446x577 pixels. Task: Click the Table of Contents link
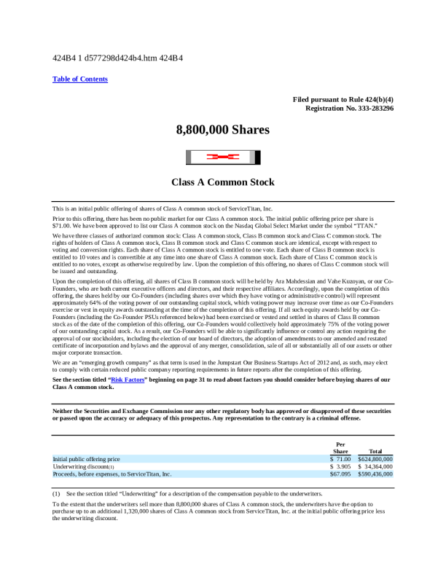pos(80,79)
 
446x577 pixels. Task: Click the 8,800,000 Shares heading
pos(223,130)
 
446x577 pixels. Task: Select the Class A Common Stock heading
pos(223,182)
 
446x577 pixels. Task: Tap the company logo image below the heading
pos(223,157)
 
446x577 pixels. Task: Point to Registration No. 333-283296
pos(350,108)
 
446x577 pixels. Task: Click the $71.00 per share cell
pos(340,459)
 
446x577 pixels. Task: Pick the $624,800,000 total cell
pos(375,459)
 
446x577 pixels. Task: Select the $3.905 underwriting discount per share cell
pos(340,466)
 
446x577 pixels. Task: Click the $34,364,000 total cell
pos(375,466)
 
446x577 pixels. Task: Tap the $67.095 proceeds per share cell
pos(340,474)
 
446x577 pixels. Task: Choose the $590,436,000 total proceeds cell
pos(375,474)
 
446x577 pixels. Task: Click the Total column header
pos(376,452)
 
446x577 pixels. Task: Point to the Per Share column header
pos(340,448)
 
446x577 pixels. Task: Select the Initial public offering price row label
pos(87,459)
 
